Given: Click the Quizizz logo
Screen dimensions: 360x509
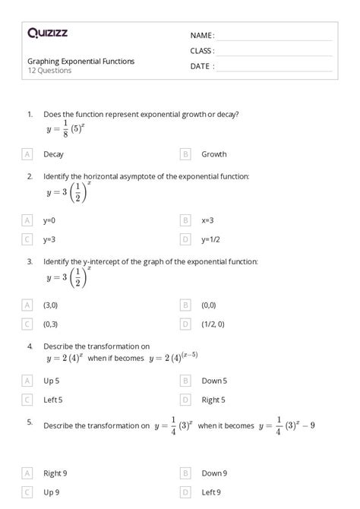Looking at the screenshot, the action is [48, 33].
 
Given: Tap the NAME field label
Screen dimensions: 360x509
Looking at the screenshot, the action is [202, 36].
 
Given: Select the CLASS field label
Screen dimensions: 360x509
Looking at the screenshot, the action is [202, 51].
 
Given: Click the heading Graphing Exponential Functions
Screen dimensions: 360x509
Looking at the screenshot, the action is [81, 61].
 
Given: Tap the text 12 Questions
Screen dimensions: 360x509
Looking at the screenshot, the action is [49, 71].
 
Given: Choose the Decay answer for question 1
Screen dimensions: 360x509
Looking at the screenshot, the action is [53, 153].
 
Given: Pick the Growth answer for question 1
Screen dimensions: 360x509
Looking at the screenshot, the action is [213, 153].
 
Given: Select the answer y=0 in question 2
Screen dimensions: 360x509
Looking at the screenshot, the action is [49, 220].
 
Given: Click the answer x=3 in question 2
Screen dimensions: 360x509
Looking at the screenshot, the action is [207, 220].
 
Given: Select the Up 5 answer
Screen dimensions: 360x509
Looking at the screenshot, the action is [52, 381].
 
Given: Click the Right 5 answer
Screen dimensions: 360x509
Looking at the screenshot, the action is [213, 399].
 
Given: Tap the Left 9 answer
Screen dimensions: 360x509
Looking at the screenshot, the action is [211, 492].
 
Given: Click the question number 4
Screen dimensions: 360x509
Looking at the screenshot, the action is [30, 345].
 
